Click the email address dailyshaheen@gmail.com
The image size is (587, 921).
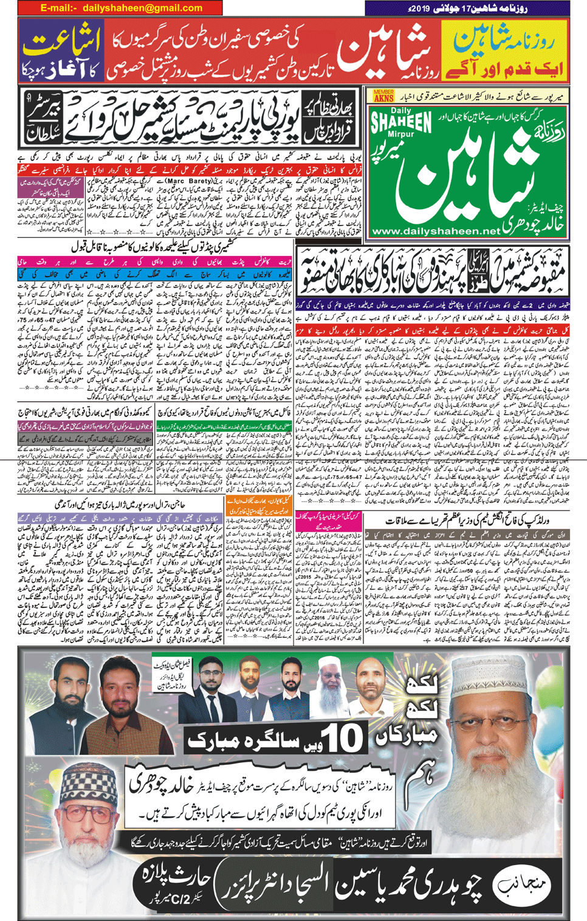(x=121, y=8)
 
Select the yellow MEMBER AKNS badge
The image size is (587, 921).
(x=383, y=95)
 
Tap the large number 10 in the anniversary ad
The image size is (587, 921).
(x=344, y=740)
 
